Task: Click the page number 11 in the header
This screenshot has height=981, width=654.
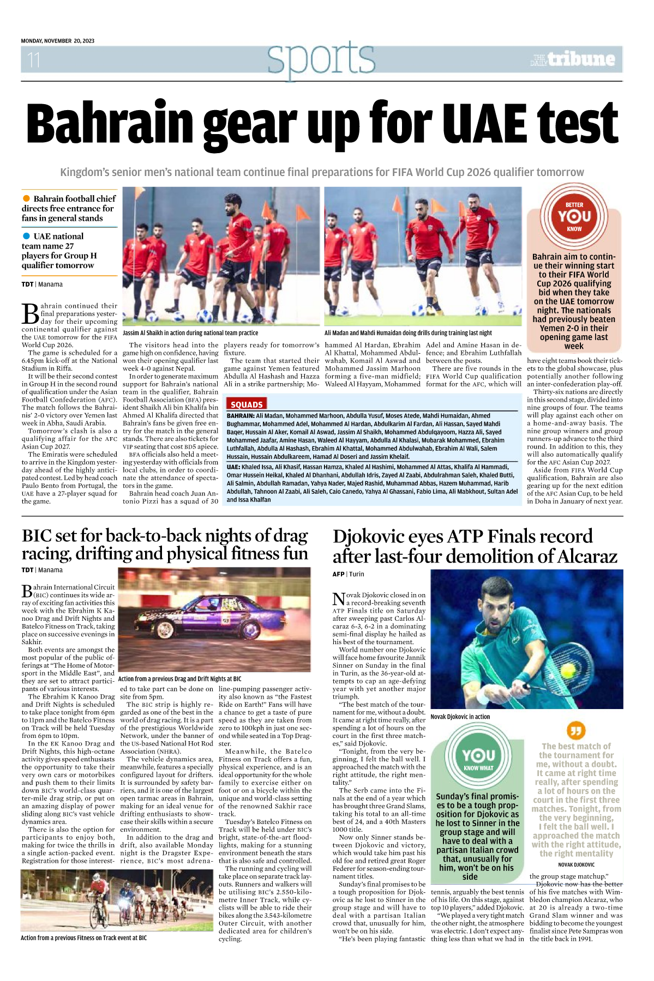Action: click(34, 59)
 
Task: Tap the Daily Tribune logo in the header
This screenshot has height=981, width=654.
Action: click(572, 59)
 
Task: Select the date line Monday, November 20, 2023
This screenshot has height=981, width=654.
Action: click(57, 41)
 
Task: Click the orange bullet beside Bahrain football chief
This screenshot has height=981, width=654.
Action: click(26, 198)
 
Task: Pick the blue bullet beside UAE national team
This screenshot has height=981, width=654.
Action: click(26, 236)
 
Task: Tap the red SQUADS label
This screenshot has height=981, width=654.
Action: click(247, 404)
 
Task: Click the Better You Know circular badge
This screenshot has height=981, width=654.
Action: click(574, 216)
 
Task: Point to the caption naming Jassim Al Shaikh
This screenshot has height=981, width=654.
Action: click(190, 333)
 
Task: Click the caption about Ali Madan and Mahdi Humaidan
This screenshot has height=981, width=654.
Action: click(408, 333)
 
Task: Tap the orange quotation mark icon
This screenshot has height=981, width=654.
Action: click(575, 730)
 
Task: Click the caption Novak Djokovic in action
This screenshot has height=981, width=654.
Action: click(460, 717)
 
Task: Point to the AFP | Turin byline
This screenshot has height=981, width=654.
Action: click(348, 574)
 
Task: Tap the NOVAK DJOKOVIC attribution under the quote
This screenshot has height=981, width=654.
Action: click(576, 864)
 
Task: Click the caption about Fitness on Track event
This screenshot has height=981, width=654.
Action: click(83, 938)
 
